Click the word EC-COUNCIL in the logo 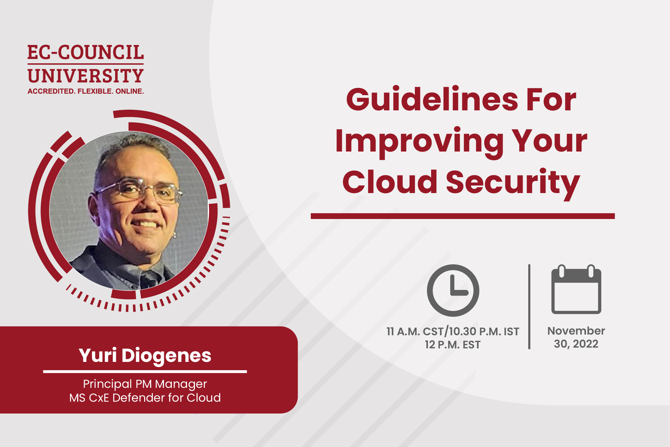pyautogui.click(x=85, y=53)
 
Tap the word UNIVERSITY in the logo pyautogui.click(x=85, y=76)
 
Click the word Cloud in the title pyautogui.click(x=390, y=182)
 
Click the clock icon pyautogui.click(x=453, y=290)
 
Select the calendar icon pyautogui.click(x=576, y=290)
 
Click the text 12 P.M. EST pyautogui.click(x=453, y=345)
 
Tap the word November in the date pyautogui.click(x=576, y=331)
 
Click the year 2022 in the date pyautogui.click(x=585, y=344)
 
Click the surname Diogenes pyautogui.click(x=166, y=356)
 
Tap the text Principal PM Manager pyautogui.click(x=145, y=384)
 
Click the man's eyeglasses pyautogui.click(x=138, y=189)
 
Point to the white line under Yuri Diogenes pyautogui.click(x=145, y=372)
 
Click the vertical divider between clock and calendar pyautogui.click(x=529, y=306)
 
